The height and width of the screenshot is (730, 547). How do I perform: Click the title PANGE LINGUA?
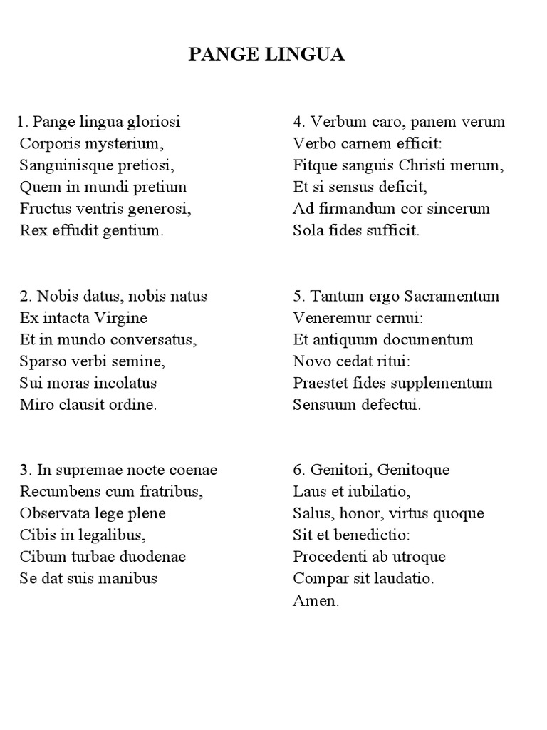click(x=266, y=55)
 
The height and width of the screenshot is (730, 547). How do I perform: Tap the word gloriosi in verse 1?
click(x=152, y=122)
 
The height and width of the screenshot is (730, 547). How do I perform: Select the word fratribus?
click(x=168, y=492)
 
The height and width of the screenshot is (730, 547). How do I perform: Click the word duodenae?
click(x=153, y=557)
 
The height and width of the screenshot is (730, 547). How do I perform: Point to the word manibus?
click(x=128, y=578)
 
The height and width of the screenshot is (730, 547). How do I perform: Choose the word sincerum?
click(x=458, y=209)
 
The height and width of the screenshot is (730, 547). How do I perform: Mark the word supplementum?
click(x=446, y=383)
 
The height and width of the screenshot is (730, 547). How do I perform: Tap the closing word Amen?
click(x=316, y=601)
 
